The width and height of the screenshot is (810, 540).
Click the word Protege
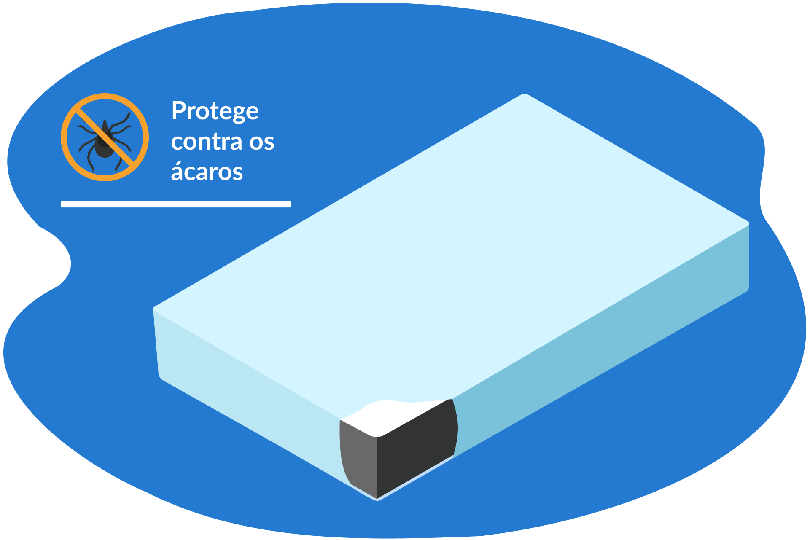(215, 111)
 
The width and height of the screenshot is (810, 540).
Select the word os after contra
(262, 142)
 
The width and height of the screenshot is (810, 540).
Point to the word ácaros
(207, 172)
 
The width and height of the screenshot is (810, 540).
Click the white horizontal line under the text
(176, 204)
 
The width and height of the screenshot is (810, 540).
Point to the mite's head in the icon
(105, 126)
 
